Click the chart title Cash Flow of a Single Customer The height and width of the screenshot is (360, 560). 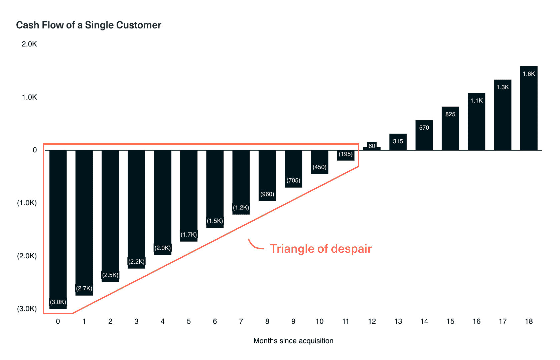89,25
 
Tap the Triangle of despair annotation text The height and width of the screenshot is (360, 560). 321,249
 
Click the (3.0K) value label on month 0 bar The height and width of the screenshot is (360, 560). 58,302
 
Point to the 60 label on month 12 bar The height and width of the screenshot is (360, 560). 372,146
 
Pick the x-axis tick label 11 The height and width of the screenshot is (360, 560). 346,321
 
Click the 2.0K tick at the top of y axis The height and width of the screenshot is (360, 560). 29,44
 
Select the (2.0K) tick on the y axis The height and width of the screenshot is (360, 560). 27,256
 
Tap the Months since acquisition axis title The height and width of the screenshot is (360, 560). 293,341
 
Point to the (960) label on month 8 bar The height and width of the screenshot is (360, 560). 267,194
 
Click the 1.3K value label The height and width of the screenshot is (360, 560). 503,87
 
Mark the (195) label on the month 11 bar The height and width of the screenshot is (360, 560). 346,154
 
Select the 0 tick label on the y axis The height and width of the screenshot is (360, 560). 35,150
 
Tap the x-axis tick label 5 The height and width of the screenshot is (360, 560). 189,321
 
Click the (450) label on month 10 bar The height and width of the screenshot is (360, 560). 320,167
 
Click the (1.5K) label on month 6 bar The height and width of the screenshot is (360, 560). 215,221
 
